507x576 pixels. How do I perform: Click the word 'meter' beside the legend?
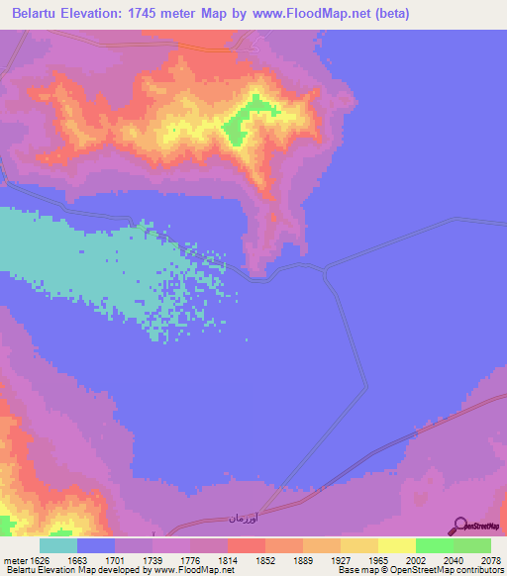click(17, 559)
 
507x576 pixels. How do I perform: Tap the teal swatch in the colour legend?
click(58, 545)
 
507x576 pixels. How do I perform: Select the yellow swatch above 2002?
click(396, 545)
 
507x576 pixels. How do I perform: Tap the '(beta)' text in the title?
click(389, 14)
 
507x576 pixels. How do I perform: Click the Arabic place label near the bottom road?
click(243, 519)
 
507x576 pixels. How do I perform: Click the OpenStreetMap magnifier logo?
click(459, 526)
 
